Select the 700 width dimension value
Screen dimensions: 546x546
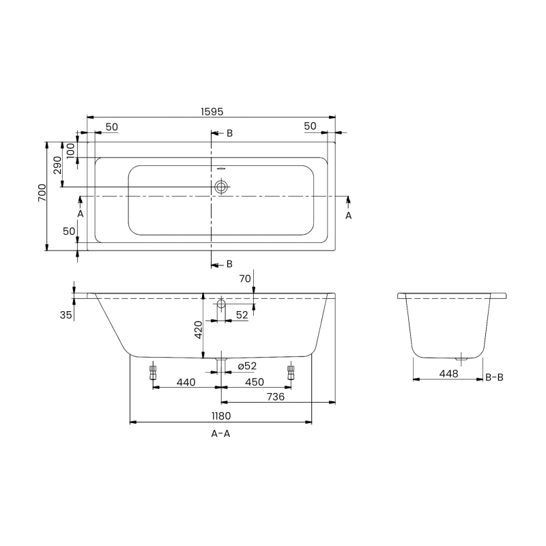point(42,195)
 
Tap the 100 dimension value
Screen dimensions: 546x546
point(71,149)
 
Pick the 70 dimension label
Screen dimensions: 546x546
point(245,278)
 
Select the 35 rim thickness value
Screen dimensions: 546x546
point(66,315)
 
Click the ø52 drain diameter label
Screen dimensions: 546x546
point(247,367)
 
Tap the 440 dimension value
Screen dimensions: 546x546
point(186,382)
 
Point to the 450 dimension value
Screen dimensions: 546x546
point(254,382)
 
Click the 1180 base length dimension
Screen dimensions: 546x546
point(220,416)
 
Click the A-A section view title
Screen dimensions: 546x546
point(220,434)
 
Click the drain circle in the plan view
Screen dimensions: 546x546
point(222,186)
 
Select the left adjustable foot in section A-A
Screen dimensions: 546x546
point(153,373)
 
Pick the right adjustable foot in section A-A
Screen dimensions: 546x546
point(291,373)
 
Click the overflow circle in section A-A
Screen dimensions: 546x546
point(221,304)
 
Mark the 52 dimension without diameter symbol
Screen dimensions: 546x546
point(242,314)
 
